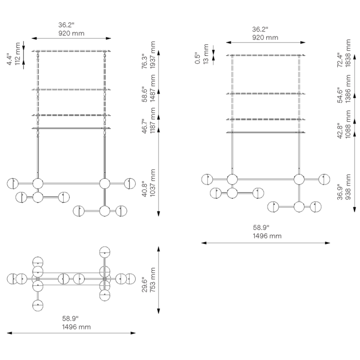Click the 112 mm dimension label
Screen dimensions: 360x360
18,54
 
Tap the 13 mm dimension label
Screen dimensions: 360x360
206,54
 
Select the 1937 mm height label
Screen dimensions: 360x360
153,55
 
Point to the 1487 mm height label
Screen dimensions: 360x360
153,89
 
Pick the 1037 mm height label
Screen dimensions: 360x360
153,183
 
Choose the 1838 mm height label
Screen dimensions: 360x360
348,53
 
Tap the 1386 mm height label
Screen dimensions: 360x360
348,89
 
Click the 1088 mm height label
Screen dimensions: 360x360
348,124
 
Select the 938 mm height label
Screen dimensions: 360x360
348,187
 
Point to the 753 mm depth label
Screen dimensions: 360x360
153,280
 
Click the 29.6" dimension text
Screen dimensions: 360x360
145,284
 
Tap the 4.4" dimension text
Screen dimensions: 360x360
9,59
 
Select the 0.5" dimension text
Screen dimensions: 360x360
198,58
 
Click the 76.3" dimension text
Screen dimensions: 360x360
145,61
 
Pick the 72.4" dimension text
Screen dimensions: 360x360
340,60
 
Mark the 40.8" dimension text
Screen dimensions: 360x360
145,189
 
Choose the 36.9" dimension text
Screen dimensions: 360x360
340,192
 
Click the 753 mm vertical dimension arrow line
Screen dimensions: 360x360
158,280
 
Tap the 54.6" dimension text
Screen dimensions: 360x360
340,95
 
